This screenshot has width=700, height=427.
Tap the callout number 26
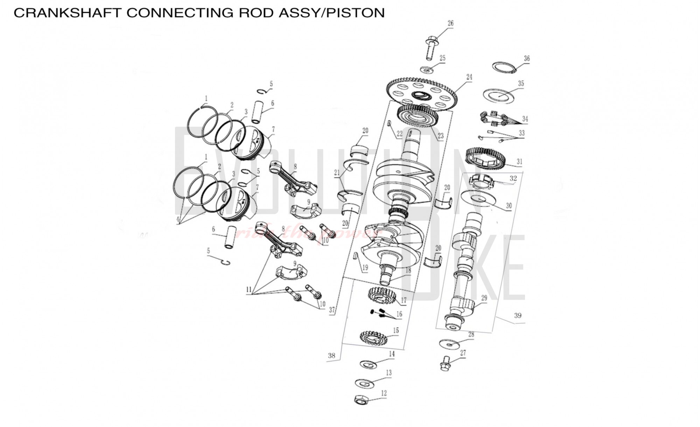[x=450, y=23]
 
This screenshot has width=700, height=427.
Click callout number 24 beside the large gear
[x=469, y=77]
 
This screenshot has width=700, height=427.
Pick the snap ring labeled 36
[x=504, y=67]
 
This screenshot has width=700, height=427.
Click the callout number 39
[x=518, y=315]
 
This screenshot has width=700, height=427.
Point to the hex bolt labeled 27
[x=445, y=363]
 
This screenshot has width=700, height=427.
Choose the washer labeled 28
[x=449, y=344]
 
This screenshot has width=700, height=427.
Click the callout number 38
[x=331, y=356]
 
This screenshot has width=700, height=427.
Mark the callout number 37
[x=332, y=310]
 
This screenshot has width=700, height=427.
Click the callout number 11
[x=249, y=290]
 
